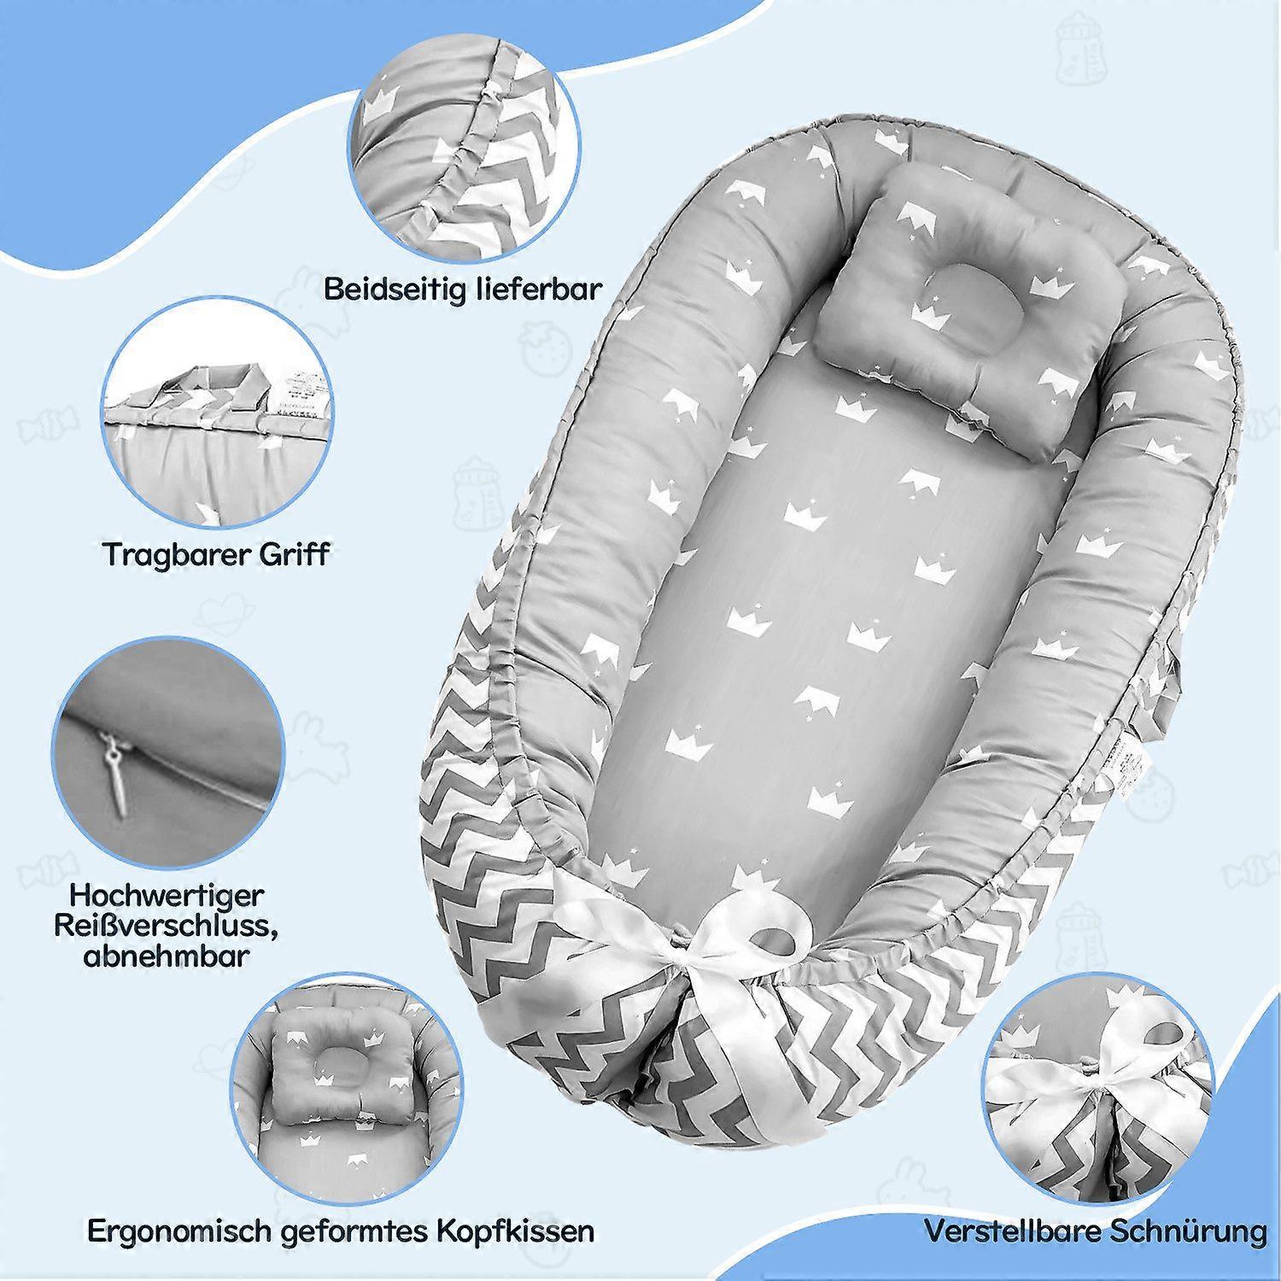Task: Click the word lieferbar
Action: coord(536,288)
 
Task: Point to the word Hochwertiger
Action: coord(167,896)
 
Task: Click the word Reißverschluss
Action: coord(166,926)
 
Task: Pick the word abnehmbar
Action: coord(166,955)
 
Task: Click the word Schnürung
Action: coord(1188,1231)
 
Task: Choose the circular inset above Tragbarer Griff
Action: coord(217,414)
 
